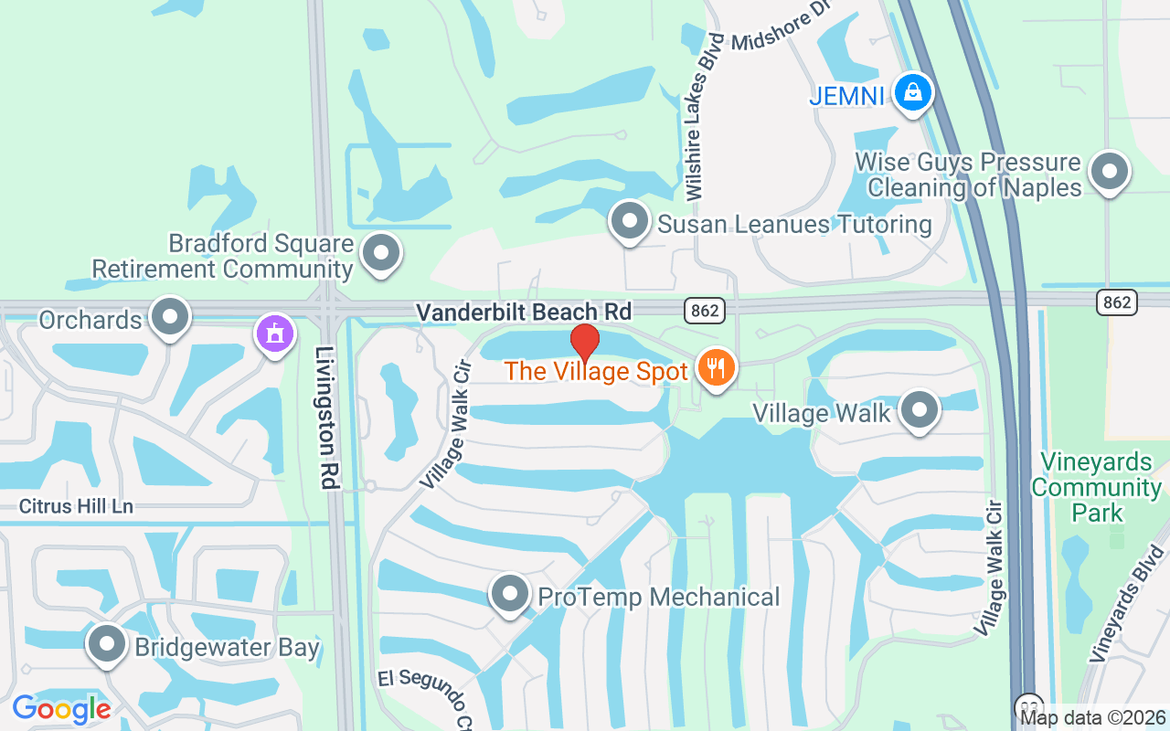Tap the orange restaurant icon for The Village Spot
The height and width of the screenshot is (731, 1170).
716,367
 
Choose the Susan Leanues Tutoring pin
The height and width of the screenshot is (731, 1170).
629,221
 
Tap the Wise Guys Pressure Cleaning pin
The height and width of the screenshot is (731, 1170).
1110,170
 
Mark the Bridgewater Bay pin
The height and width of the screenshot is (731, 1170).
107,644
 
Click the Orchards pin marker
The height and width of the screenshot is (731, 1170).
169,317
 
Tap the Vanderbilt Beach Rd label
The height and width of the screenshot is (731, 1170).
524,312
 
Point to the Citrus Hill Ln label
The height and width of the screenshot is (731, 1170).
77,505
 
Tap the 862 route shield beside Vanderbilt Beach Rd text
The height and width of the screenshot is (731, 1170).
705,311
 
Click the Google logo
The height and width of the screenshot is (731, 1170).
61,708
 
